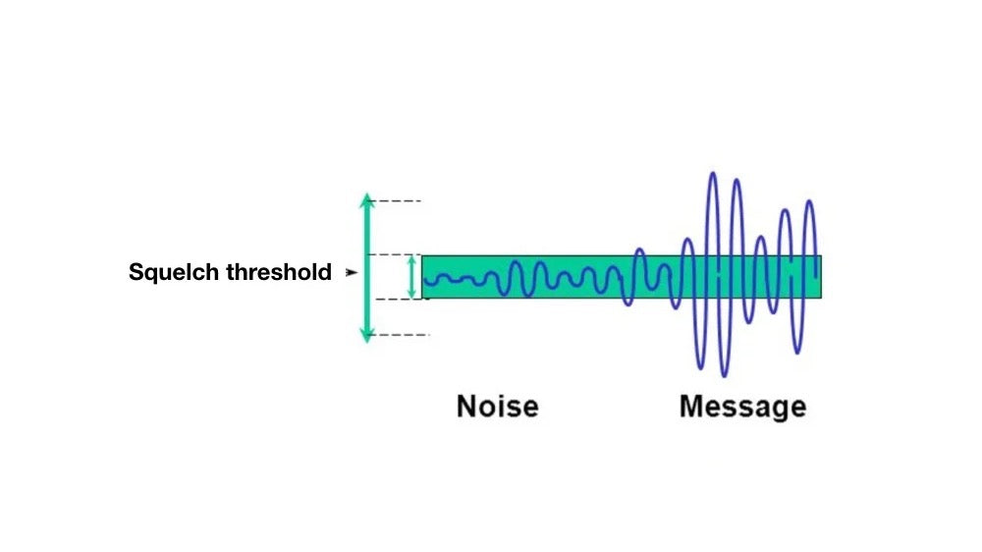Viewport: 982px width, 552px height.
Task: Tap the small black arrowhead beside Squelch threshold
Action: pos(352,273)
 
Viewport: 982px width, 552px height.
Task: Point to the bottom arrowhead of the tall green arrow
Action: pos(366,336)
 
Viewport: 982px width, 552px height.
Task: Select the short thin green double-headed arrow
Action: pos(411,276)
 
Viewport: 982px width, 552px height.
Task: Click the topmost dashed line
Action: pos(399,201)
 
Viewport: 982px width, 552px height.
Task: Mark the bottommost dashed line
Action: pos(403,335)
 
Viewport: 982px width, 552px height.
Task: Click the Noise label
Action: pos(497,406)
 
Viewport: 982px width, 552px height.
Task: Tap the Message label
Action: pos(742,406)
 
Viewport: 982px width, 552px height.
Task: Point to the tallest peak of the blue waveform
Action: pos(712,175)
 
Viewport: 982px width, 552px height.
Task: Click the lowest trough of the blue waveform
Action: pos(724,375)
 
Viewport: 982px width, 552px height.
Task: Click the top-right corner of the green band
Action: pos(821,256)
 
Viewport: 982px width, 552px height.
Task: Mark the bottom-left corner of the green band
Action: pos(423,297)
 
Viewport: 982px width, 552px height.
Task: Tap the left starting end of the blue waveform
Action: pos(425,282)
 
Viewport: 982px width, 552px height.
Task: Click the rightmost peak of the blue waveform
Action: pos(810,202)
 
